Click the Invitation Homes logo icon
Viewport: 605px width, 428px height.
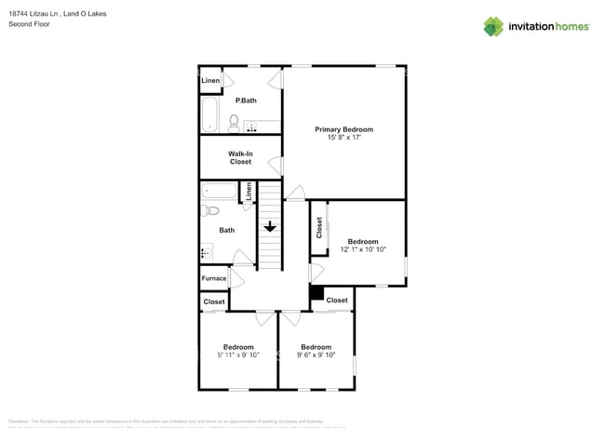click(x=492, y=26)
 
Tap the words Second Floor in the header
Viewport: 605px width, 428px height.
click(x=30, y=24)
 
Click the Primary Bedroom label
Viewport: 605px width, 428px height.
click(x=343, y=129)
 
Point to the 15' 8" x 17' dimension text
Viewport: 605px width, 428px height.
click(x=343, y=138)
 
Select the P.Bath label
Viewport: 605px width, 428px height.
click(x=246, y=100)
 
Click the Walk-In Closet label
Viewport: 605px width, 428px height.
click(x=241, y=157)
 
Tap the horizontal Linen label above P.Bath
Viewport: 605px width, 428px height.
click(x=210, y=81)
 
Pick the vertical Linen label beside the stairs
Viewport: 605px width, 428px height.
click(x=249, y=193)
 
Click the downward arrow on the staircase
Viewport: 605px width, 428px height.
click(x=270, y=226)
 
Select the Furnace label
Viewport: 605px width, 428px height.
click(x=214, y=277)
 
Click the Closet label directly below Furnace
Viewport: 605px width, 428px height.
click(x=214, y=301)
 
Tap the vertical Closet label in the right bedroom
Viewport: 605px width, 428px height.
click(x=319, y=227)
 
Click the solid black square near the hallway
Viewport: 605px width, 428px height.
click(x=316, y=294)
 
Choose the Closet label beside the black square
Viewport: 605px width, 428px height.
click(x=337, y=301)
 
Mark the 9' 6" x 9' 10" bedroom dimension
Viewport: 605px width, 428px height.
click(x=316, y=354)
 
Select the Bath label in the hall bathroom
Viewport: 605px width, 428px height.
click(x=227, y=230)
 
